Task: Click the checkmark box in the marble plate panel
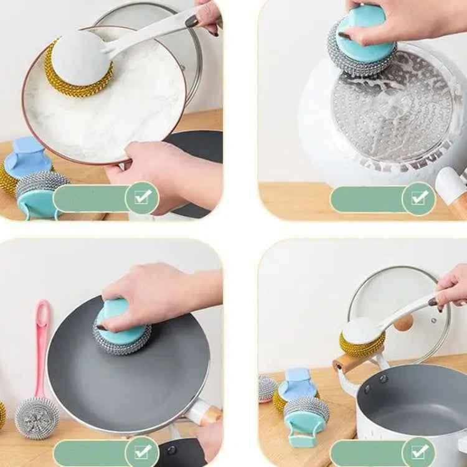click(142, 197)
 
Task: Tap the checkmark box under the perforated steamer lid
click(418, 198)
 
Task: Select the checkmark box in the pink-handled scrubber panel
click(142, 450)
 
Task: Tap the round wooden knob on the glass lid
click(403, 322)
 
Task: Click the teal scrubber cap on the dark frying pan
click(122, 318)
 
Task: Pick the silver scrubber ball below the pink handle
click(37, 418)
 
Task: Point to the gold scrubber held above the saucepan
click(361, 339)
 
